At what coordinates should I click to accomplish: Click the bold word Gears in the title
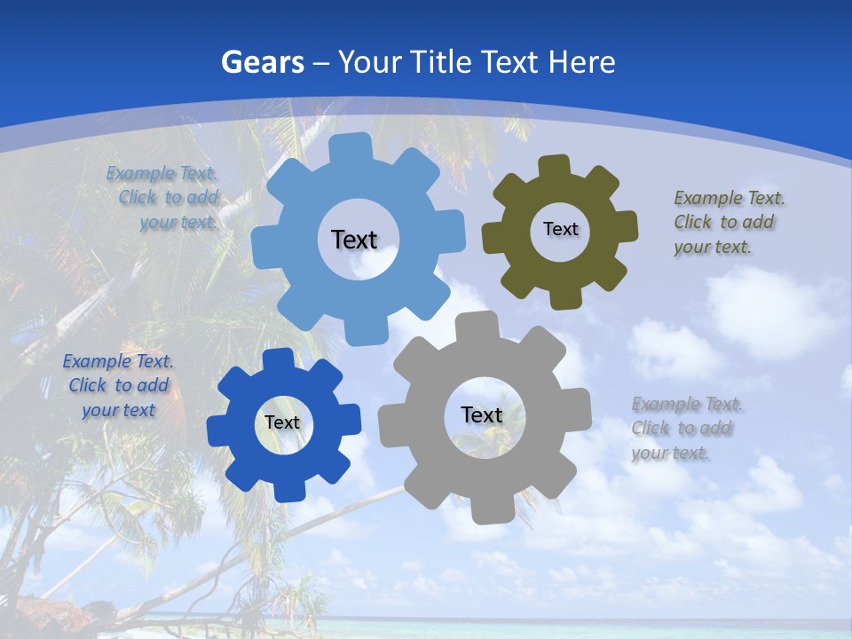(262, 62)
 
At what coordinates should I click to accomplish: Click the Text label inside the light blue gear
(354, 240)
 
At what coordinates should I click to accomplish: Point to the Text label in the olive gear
(560, 229)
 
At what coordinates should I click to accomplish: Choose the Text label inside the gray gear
(482, 415)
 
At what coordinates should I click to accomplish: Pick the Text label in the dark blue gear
(282, 423)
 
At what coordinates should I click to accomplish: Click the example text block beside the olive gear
(724, 222)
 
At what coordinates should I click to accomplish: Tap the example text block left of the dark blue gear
(118, 386)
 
